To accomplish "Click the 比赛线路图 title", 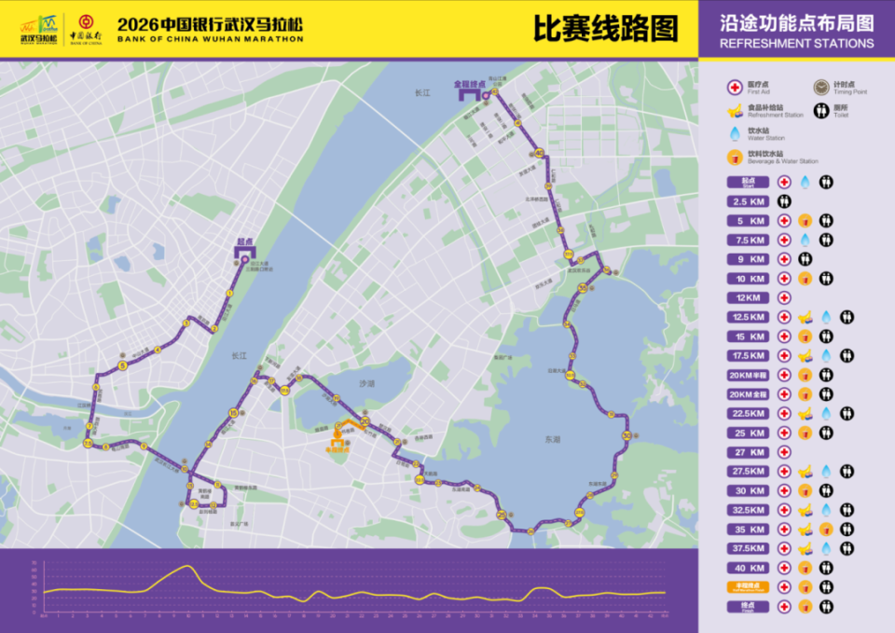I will [604, 28].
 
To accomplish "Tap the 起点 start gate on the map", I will [245, 251].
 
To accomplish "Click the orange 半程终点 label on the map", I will [337, 448].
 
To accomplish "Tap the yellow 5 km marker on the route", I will [122, 366].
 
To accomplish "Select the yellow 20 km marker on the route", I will [365, 421].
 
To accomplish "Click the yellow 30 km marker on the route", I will [626, 435].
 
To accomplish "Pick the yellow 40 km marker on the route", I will [539, 153].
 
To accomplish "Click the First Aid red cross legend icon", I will [735, 87].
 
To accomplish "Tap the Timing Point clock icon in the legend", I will [820, 87].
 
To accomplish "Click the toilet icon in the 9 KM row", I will [804, 259].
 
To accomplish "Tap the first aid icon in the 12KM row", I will [784, 297].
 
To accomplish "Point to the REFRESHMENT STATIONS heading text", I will [797, 44].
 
